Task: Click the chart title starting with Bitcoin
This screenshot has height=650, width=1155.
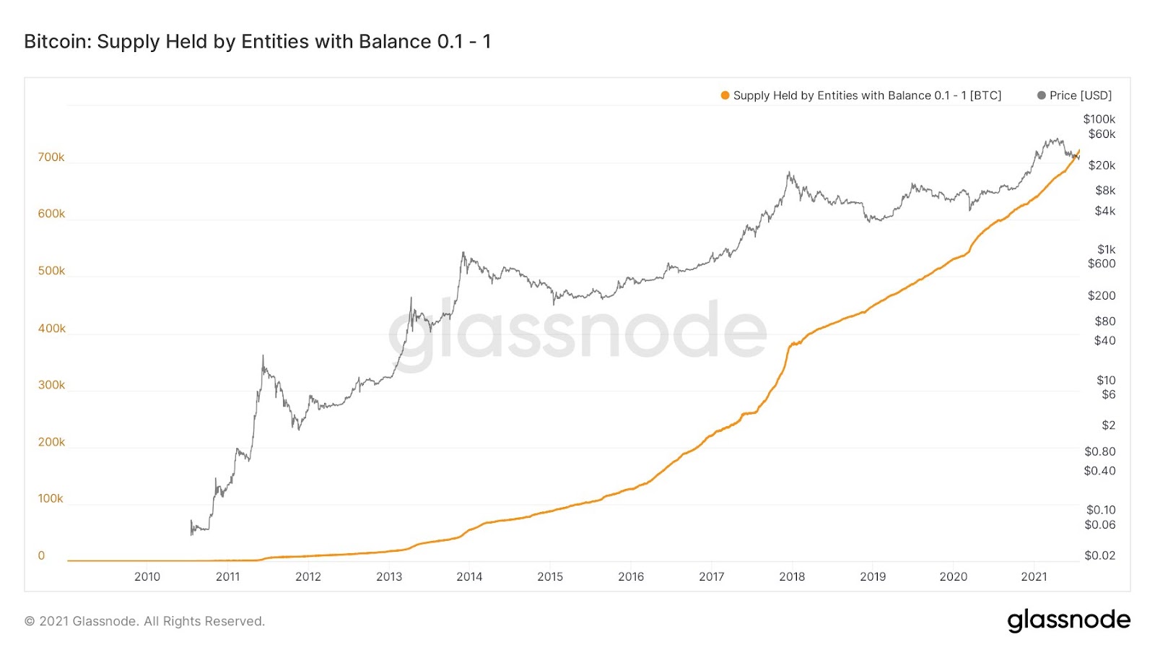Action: (x=258, y=42)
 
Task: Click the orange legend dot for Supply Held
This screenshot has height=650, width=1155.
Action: (x=725, y=95)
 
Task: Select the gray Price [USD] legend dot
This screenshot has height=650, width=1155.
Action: (x=1041, y=95)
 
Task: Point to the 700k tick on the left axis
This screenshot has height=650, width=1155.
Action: (x=51, y=157)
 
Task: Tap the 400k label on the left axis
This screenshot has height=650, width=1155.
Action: (x=51, y=329)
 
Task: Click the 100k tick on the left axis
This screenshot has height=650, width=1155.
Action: (x=51, y=498)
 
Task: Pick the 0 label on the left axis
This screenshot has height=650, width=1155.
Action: (x=41, y=555)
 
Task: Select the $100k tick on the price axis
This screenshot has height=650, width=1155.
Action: (x=1099, y=119)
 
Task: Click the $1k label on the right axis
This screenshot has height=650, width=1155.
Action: (x=1106, y=249)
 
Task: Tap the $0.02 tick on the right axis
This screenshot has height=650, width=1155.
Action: (x=1099, y=555)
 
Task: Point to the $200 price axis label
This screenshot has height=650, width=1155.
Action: (x=1102, y=295)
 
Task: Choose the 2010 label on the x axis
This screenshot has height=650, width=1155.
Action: (x=147, y=576)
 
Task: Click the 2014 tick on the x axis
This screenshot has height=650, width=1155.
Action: (x=469, y=576)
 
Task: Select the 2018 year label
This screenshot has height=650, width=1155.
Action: (x=792, y=576)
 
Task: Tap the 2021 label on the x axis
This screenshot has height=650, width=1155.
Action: (x=1034, y=576)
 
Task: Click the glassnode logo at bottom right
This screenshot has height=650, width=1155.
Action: (x=1068, y=620)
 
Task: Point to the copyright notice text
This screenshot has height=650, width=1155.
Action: (x=144, y=621)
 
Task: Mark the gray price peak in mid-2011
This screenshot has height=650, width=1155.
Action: (x=263, y=355)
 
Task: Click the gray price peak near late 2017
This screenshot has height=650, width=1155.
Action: (x=789, y=173)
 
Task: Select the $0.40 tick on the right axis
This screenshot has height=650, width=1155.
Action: (x=1099, y=471)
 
